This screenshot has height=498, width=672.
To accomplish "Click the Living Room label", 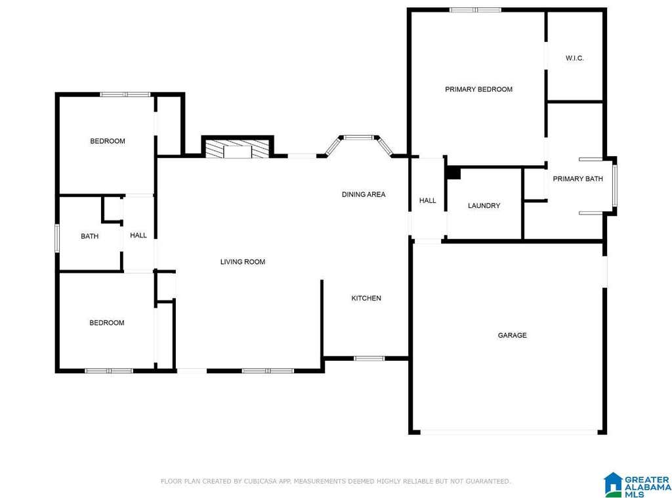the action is coord(243,262).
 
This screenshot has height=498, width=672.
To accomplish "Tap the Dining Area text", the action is coord(364,195).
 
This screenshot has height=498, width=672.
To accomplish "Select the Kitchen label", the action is coord(366,299).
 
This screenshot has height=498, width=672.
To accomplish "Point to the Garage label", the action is coord(512,335).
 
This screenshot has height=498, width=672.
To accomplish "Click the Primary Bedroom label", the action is coord(478,90).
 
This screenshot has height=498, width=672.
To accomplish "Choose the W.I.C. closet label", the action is coord(574,58).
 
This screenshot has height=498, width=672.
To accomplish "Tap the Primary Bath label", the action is coord(577,178).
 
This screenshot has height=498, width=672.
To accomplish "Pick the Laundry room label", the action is coord(484,206).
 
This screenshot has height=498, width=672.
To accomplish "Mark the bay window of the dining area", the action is coord(359,145).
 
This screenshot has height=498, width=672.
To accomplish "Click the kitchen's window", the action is coord(369,358).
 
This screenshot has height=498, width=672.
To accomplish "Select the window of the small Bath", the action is coord(57,238).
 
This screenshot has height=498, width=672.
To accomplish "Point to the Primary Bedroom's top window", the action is coord(476,9).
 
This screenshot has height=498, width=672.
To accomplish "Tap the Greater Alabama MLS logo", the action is coord(637,485).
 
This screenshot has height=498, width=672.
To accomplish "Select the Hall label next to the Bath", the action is coord(138,236).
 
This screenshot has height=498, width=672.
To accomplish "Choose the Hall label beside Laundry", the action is coord(427,201).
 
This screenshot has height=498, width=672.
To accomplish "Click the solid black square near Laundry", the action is coord(454,173).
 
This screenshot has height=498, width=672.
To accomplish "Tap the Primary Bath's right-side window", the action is coord(614,186).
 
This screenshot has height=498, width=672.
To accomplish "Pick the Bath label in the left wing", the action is coord(89,236).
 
